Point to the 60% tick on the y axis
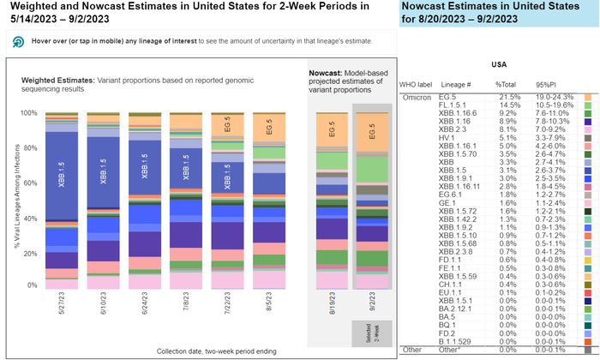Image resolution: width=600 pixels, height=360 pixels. [33, 183]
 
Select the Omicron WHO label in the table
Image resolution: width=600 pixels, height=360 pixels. [417, 97]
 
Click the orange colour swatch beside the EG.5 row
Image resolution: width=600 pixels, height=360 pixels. [588, 97]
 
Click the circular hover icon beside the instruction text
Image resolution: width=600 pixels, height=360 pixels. [17, 41]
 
